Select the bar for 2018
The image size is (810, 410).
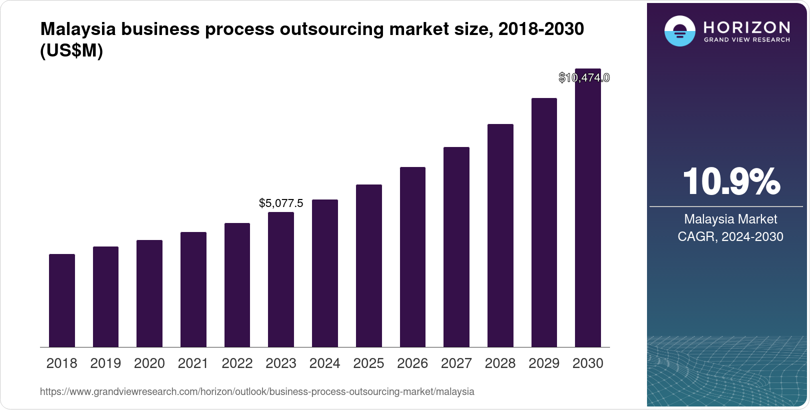coord(62,300)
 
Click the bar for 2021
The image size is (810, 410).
coord(193,289)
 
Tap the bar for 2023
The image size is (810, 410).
coord(281,279)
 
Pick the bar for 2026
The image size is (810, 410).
coord(412,257)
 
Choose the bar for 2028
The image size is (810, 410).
coord(500,235)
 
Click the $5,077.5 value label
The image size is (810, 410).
coord(281,203)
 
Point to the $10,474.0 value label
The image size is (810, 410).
coord(584,78)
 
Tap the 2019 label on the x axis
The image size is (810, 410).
coord(105,363)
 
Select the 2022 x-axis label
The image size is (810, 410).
coord(237,363)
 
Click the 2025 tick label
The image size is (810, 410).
coord(368,363)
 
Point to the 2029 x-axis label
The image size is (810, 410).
coord(544,363)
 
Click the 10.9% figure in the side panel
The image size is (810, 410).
coord(730,181)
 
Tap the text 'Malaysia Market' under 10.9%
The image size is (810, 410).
coord(730,219)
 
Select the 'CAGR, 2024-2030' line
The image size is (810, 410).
coord(730,236)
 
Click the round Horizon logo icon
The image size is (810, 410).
coord(679,31)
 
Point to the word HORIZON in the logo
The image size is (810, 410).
coord(746,27)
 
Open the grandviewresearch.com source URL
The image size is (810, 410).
coord(257,391)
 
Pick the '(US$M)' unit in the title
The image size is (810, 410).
coord(71,50)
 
